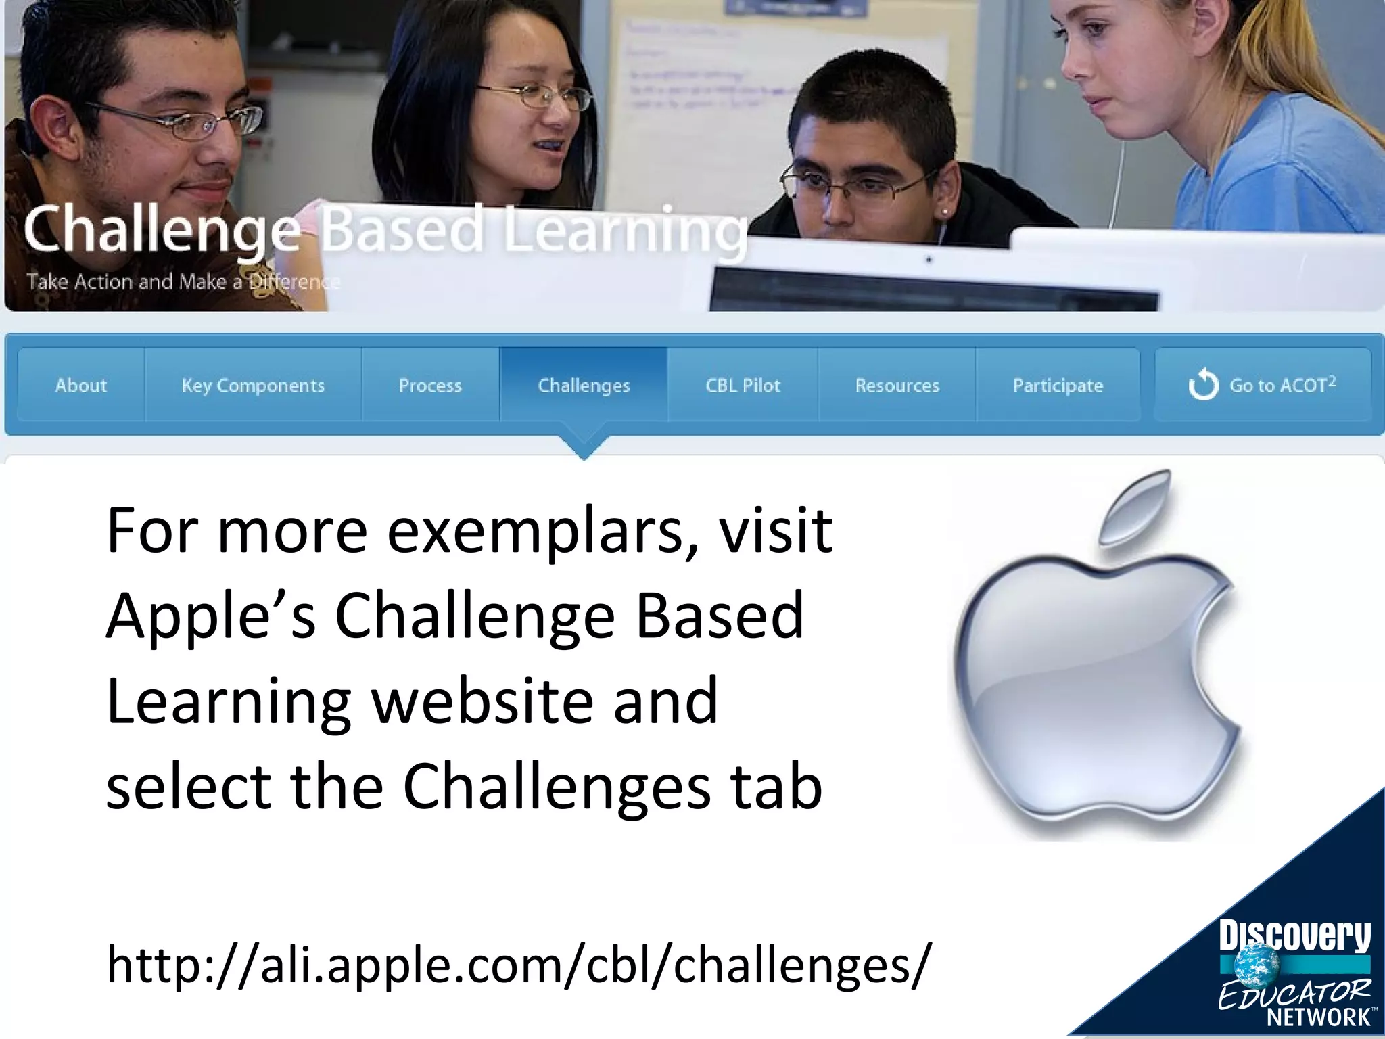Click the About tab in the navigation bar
click(x=81, y=386)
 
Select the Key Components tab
click(x=253, y=386)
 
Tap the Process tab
click(x=430, y=386)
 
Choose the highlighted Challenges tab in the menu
click(x=584, y=386)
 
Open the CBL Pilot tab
click(x=743, y=386)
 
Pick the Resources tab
click(x=897, y=386)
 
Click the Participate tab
click(x=1058, y=386)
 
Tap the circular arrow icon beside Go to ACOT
click(x=1203, y=385)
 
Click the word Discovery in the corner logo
click(x=1294, y=937)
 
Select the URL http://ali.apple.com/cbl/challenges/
click(x=519, y=964)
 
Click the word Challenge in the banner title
click(x=162, y=230)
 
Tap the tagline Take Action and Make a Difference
click(x=183, y=281)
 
